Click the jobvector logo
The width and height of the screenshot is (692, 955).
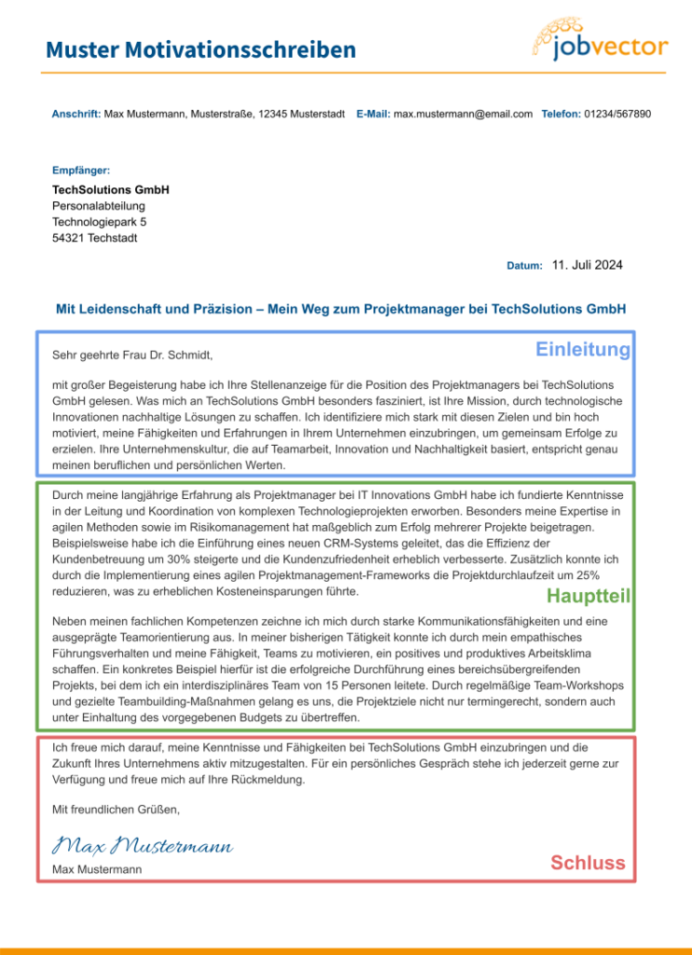pyautogui.click(x=601, y=40)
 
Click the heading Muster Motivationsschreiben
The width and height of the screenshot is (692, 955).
pyautogui.click(x=201, y=50)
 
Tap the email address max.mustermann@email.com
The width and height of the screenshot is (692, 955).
pyautogui.click(x=463, y=114)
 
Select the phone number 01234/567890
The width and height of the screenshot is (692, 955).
pyautogui.click(x=617, y=114)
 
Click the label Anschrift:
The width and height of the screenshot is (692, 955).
pyautogui.click(x=76, y=114)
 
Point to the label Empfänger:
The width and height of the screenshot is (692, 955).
pyautogui.click(x=81, y=171)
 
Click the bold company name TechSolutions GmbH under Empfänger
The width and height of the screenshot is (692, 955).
pyautogui.click(x=110, y=189)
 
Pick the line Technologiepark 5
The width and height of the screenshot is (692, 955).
pyautogui.click(x=99, y=222)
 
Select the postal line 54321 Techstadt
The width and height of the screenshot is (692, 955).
pyautogui.click(x=94, y=238)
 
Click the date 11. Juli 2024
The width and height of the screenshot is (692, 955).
pyautogui.click(x=587, y=265)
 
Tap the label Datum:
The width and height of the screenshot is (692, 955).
pyautogui.click(x=524, y=266)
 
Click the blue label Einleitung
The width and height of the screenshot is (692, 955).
pyautogui.click(x=583, y=350)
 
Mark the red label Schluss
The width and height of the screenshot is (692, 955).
pyautogui.click(x=588, y=863)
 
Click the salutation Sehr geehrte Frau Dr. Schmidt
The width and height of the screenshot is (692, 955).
pyautogui.click(x=133, y=355)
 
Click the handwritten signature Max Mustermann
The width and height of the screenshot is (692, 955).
pyautogui.click(x=143, y=846)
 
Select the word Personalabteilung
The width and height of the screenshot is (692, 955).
pyautogui.click(x=99, y=206)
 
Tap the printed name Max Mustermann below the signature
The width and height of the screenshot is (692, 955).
pyautogui.click(x=97, y=870)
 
